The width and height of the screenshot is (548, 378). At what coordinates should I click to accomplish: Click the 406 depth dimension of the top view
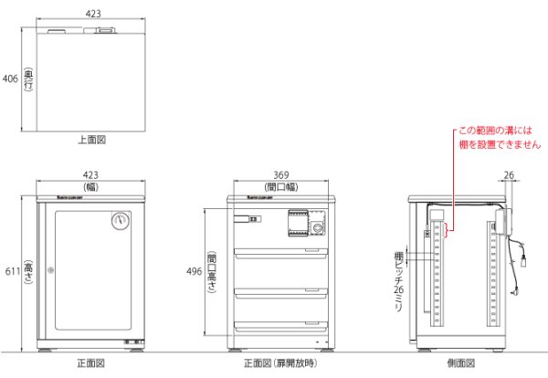pos(10,79)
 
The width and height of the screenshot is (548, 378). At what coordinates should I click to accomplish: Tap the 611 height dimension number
pos(10,271)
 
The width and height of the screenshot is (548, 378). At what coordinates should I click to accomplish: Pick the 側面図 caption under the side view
pos(460,363)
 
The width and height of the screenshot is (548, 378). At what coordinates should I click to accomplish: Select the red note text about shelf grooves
pos(499,138)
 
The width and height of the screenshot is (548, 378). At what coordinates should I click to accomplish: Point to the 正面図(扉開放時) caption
pos(279,363)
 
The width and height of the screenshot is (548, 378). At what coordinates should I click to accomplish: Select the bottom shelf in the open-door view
pos(279,327)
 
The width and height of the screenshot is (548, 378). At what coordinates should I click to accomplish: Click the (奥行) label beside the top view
pos(28,79)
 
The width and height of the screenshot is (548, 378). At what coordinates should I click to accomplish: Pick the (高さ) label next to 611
pos(28,271)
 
